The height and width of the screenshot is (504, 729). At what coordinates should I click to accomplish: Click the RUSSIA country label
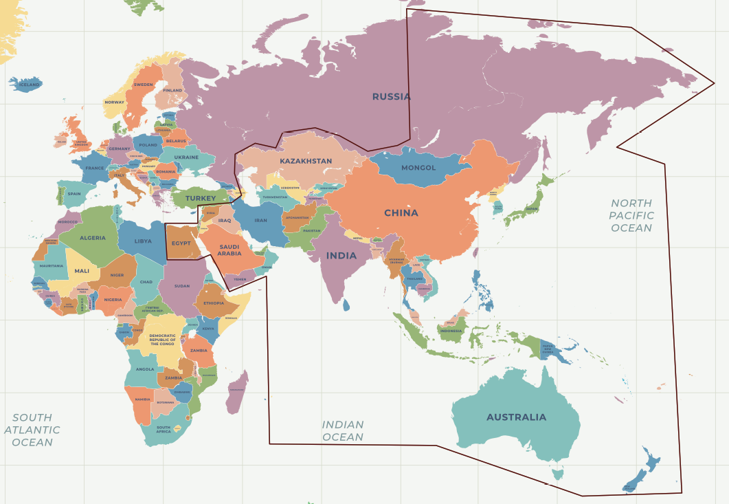click(391, 97)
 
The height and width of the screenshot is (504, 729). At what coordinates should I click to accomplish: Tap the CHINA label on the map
click(401, 213)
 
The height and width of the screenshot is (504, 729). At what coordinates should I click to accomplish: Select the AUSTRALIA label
click(516, 417)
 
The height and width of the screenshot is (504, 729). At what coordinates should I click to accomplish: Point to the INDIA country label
click(341, 256)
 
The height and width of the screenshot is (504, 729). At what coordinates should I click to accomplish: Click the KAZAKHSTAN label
click(306, 162)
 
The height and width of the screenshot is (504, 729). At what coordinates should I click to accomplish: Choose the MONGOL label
click(418, 168)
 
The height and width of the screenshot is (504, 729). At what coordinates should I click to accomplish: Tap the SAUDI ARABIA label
click(229, 250)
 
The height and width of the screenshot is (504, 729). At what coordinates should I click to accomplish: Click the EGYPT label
click(181, 243)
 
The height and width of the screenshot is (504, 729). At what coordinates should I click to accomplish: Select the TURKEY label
click(201, 199)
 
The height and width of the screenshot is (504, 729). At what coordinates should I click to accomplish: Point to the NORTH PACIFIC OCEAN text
click(631, 215)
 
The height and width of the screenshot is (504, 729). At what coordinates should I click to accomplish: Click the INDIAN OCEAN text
click(343, 431)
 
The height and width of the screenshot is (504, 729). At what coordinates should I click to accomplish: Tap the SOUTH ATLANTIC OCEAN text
click(32, 430)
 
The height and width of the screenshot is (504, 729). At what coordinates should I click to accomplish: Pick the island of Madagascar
click(236, 392)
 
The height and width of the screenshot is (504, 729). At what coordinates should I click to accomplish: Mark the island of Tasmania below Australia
click(558, 474)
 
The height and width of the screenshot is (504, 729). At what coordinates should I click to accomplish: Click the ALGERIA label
click(93, 238)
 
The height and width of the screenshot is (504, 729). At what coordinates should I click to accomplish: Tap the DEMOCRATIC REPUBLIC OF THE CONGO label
click(163, 340)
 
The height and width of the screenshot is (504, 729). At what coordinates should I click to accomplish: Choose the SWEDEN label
click(143, 85)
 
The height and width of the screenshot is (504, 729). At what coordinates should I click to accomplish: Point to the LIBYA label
click(143, 241)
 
